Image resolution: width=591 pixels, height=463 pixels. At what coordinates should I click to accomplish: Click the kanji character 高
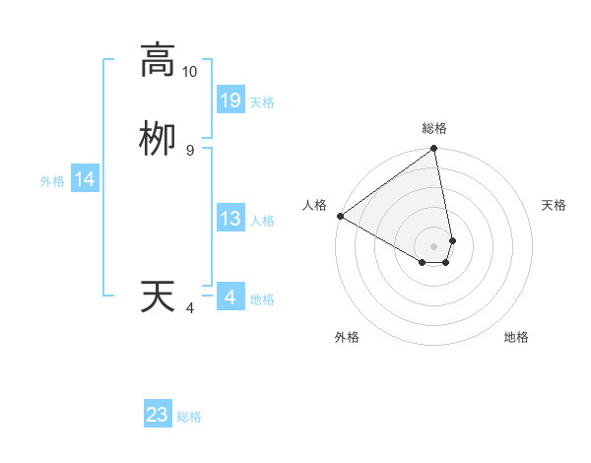157,60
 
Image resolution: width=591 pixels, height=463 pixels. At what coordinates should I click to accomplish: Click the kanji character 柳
157,138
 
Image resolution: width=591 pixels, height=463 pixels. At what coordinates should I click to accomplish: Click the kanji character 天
157,297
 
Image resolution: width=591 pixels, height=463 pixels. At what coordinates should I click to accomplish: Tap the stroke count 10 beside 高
190,72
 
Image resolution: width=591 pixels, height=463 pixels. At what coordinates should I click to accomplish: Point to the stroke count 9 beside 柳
190,150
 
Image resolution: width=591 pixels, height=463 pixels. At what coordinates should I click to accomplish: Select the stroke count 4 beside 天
190,308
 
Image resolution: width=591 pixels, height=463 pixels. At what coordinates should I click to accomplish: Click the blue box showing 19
230,99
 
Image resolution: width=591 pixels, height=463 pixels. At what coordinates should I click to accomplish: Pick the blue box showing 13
230,219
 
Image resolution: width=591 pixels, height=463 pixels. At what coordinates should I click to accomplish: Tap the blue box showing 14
85,179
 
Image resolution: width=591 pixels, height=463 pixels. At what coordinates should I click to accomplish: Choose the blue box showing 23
158,415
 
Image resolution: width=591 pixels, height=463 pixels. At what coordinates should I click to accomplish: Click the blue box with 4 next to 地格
230,297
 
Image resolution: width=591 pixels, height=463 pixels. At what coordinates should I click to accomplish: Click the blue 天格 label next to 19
262,102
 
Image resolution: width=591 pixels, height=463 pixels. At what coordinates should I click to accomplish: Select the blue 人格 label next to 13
262,221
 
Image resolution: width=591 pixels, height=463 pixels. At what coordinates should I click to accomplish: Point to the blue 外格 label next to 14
52,181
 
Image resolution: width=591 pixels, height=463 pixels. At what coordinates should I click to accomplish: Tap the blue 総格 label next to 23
189,417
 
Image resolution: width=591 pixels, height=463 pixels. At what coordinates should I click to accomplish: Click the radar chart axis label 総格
434,128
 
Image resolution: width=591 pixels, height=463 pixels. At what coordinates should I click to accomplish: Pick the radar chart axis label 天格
554,205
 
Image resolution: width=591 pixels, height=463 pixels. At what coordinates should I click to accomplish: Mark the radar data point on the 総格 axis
434,150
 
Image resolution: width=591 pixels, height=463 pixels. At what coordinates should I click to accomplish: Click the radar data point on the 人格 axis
340,216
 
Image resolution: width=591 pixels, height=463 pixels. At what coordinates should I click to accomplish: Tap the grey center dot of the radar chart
434,246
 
